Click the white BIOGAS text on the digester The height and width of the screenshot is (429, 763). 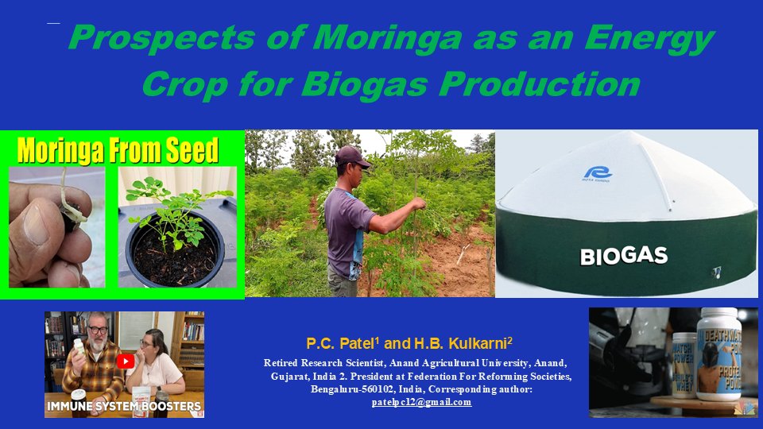point(624,257)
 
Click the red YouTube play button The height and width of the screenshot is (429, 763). point(126,361)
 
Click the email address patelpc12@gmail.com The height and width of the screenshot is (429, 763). point(421,402)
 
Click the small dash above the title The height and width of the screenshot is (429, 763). point(53,23)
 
